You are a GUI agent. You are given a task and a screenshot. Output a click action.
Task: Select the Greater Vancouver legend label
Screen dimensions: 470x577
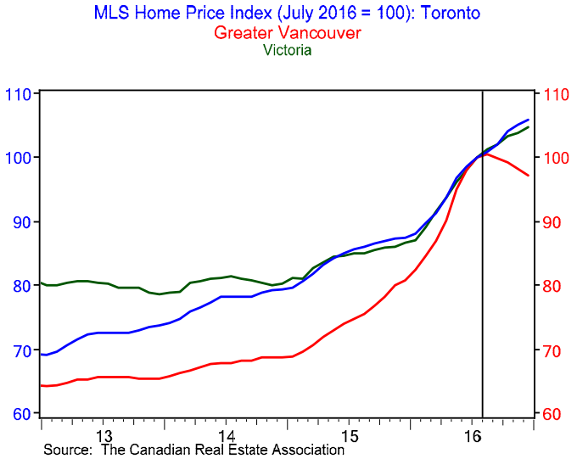288,33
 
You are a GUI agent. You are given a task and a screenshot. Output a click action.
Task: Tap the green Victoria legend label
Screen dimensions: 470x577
288,50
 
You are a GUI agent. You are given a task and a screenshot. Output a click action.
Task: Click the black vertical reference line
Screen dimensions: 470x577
483,255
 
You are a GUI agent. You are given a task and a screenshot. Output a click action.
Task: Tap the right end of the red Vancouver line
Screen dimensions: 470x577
529,176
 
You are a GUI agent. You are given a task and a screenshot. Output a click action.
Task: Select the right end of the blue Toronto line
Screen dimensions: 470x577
529,120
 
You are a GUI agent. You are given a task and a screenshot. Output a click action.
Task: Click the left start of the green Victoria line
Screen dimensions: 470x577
42,283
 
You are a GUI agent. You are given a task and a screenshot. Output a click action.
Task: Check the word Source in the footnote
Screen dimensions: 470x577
67,450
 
